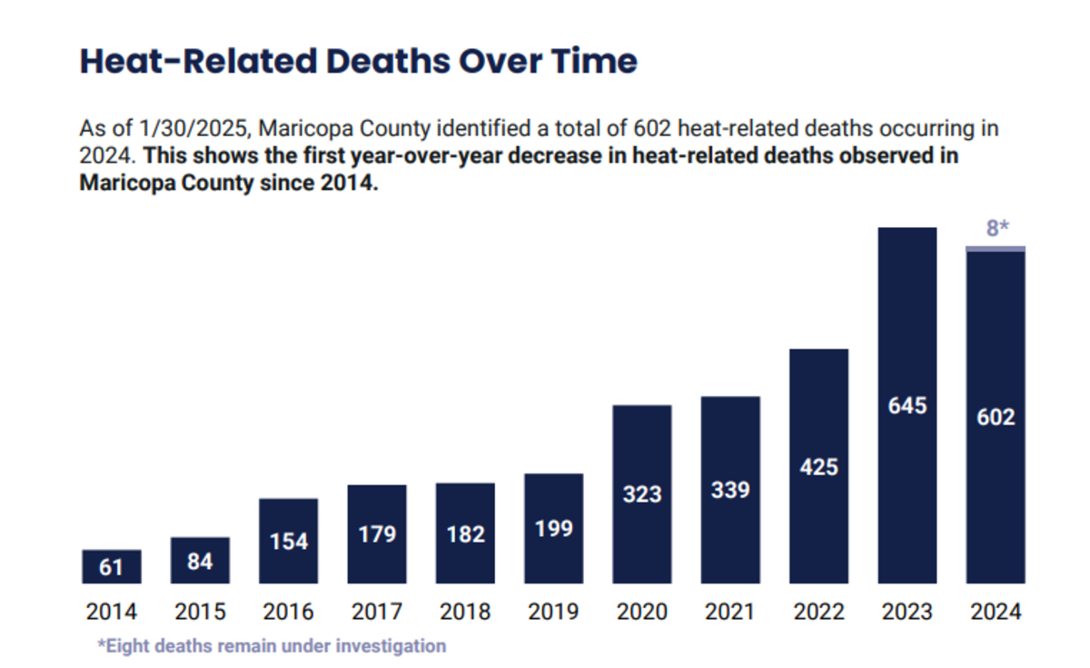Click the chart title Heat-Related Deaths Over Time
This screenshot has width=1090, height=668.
click(x=358, y=62)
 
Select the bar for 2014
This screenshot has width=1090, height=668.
click(x=112, y=566)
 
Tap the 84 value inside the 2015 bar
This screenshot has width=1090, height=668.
click(x=200, y=562)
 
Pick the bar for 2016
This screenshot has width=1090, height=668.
click(x=289, y=541)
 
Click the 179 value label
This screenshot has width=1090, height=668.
click(x=377, y=533)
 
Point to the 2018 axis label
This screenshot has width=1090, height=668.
click(x=465, y=612)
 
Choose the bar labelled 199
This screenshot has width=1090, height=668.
click(x=554, y=528)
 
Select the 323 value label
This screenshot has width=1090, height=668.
click(x=642, y=495)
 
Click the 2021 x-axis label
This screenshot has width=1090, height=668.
click(x=730, y=612)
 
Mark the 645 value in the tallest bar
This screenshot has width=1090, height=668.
click(x=907, y=405)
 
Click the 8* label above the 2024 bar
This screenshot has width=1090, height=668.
click(x=997, y=228)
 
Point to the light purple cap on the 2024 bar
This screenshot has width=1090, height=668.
click(x=996, y=248)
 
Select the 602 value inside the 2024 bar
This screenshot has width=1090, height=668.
click(x=996, y=418)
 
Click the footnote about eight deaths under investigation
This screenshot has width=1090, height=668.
click(x=272, y=646)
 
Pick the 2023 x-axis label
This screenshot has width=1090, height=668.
click(x=907, y=612)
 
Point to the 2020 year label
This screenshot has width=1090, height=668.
click(x=642, y=612)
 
